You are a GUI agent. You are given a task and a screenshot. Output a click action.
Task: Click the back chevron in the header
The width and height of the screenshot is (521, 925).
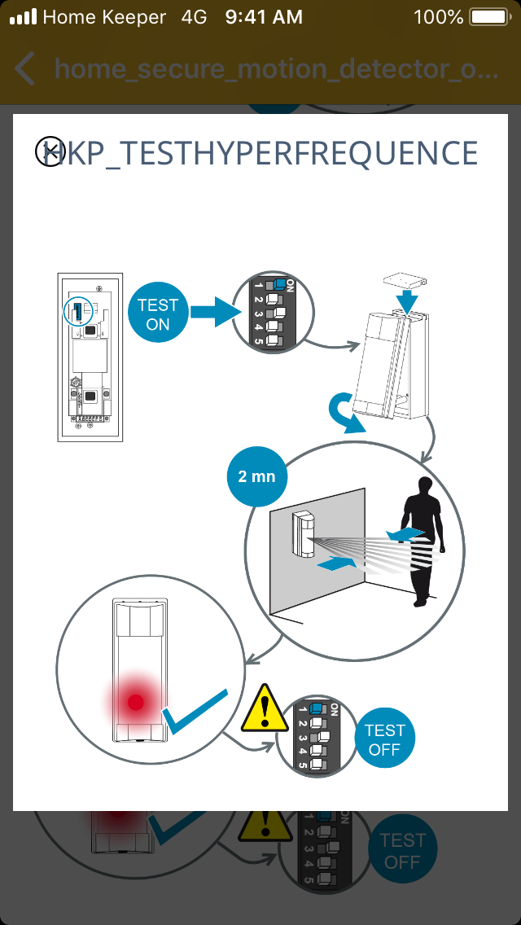point(25,69)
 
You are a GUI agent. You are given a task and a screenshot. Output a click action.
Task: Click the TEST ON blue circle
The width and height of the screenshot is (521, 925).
point(158,313)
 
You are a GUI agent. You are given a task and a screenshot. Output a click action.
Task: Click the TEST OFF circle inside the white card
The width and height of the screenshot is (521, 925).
point(384,739)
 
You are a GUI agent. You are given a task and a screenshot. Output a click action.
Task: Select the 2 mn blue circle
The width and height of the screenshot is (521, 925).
point(256,476)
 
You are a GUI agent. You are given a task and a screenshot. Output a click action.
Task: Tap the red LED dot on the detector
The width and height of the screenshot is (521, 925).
point(136,701)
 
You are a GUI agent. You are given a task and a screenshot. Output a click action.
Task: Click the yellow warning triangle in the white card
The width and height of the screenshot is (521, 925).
point(262,710)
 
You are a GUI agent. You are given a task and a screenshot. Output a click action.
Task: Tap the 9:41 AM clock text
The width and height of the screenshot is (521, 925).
point(264,16)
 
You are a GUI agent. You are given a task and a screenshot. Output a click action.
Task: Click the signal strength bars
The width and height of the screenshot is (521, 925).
point(23,16)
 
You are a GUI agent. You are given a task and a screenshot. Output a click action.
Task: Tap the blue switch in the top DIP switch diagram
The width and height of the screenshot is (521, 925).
point(281,284)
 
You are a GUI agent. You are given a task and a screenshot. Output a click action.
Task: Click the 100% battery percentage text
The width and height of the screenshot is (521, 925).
point(438,16)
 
